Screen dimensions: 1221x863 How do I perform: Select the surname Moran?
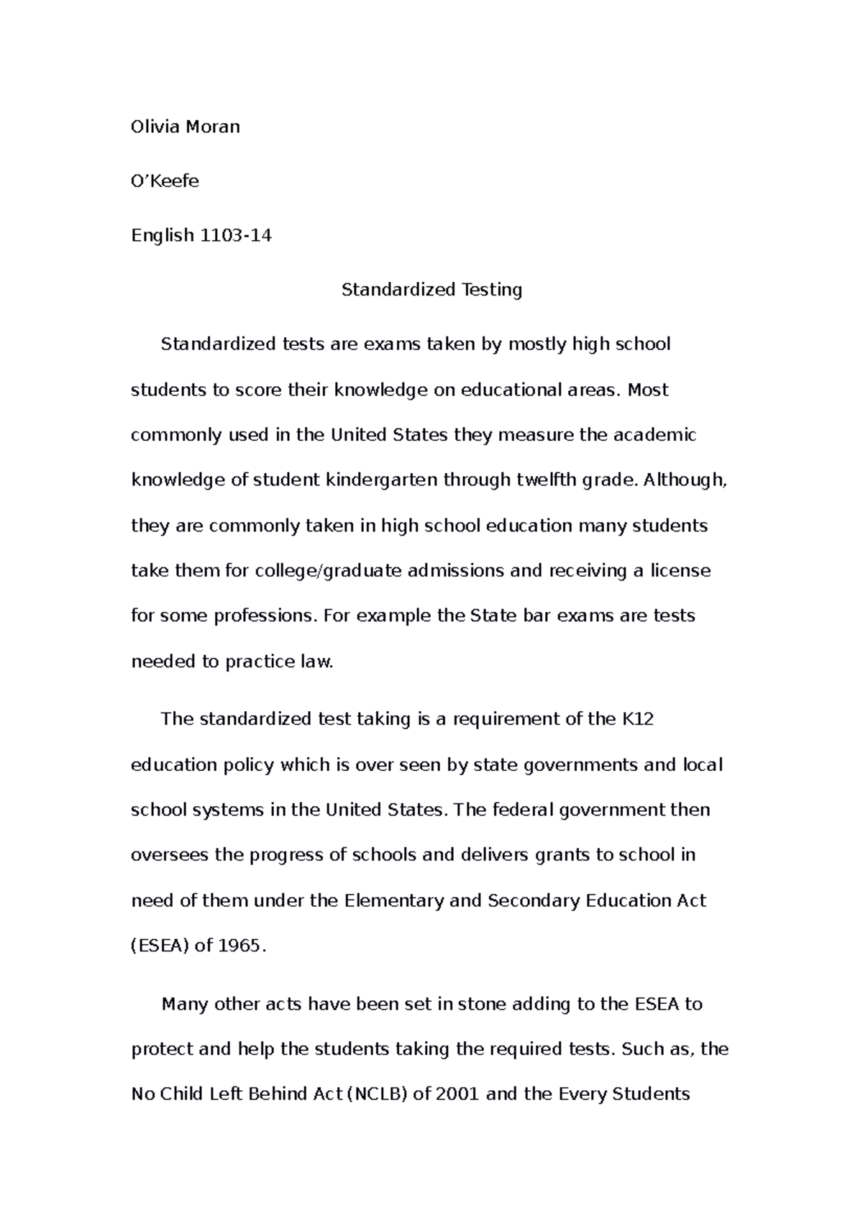click(x=213, y=127)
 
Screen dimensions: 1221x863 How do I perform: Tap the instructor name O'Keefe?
click(x=165, y=181)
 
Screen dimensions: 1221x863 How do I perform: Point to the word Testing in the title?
click(x=493, y=290)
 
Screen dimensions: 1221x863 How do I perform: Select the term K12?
click(x=636, y=719)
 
